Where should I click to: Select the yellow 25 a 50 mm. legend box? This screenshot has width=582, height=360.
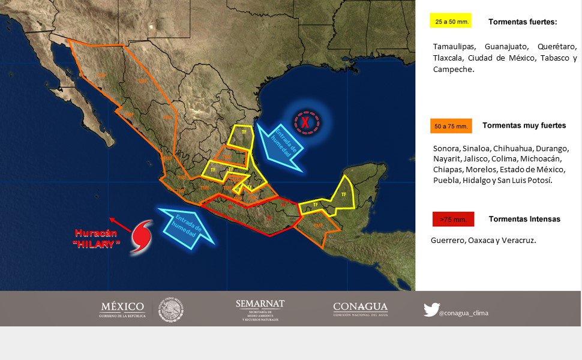coord(450,22)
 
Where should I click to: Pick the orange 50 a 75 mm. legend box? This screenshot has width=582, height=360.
coord(451,126)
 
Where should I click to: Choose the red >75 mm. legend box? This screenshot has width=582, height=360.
coord(453,220)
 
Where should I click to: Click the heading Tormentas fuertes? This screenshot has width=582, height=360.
coord(523,22)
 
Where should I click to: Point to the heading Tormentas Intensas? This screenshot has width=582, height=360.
coord(524,219)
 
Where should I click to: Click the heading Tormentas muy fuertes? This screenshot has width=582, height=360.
coord(524,125)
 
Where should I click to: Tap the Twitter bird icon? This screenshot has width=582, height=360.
coord(431,310)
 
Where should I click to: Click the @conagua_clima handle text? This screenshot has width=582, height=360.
coord(463,313)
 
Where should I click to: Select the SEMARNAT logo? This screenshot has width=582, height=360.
coord(260,310)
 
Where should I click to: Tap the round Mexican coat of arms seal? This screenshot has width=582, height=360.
coord(171,310)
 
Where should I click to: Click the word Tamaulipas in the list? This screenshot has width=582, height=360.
coord(454,47)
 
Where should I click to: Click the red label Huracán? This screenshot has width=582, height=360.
coord(94,233)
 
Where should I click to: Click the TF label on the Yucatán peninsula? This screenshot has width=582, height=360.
coord(344,194)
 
